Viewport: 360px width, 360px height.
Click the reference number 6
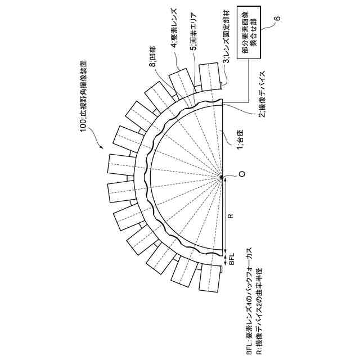[x=276, y=20]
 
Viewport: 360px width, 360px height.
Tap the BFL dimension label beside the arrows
[x=231, y=261]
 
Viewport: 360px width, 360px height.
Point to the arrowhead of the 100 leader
[x=101, y=147]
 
